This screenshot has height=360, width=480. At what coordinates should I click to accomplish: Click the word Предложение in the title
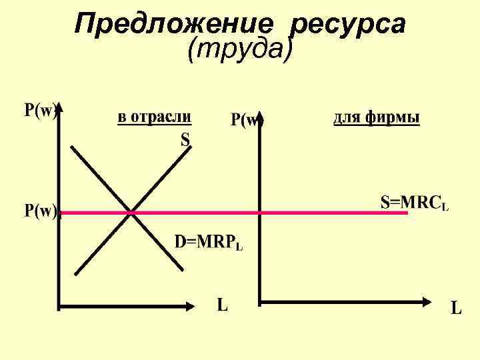[174, 24]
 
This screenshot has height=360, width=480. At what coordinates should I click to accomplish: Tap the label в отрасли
[155, 117]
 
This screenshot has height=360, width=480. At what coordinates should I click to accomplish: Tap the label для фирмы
[376, 118]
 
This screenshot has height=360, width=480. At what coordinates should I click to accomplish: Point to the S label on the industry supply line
[185, 139]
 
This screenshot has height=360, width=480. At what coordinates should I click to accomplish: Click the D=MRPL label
[209, 241]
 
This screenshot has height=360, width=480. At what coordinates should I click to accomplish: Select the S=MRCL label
[414, 203]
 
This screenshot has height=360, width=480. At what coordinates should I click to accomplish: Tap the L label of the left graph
[223, 305]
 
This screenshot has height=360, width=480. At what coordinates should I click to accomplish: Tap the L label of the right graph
[456, 308]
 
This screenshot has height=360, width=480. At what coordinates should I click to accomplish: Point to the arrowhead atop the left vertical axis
[60, 107]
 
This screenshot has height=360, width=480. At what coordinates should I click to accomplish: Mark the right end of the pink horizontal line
[406, 213]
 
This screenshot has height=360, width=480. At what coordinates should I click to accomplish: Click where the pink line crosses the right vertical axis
[259, 213]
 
